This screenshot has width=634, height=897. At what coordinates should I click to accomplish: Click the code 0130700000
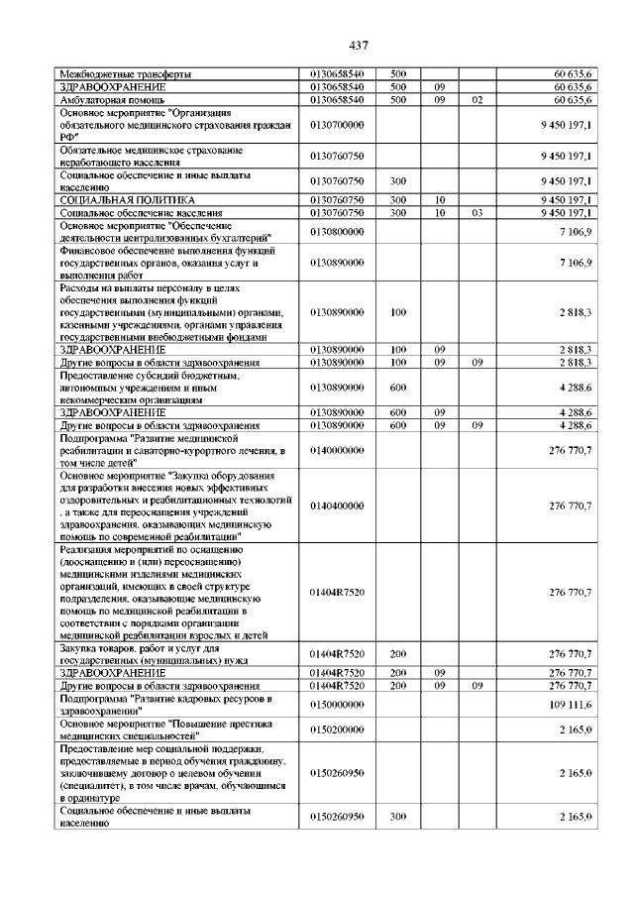[x=338, y=126]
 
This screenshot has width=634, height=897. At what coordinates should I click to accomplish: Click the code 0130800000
[x=338, y=232]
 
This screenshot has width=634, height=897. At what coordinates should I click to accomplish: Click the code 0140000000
[x=338, y=450]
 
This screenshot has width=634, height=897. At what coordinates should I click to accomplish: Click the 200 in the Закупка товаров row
[x=399, y=653]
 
